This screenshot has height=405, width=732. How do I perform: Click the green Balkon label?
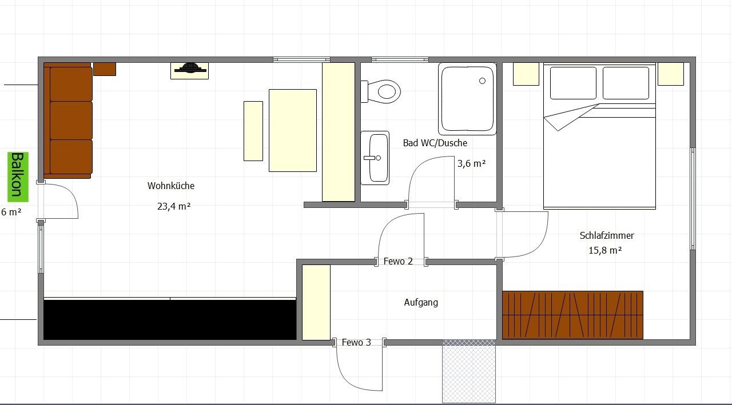coord(18,177)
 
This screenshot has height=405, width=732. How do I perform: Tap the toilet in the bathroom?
coord(381,91)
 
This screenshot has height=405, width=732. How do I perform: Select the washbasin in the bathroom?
coord(375,158)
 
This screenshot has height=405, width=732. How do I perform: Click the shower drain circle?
coord(482,81)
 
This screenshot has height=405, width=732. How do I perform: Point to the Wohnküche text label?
coord(171,186)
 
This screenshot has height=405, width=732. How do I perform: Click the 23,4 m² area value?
coord(174,206)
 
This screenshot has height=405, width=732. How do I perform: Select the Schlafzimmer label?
coord(607,235)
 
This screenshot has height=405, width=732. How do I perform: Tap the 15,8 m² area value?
coord(605,250)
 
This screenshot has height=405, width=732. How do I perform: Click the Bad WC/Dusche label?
coord(435,143)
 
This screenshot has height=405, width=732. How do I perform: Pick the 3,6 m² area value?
coord(472,163)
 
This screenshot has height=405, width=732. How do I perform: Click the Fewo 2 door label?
coord(398,261)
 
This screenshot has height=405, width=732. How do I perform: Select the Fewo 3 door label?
coord(356,342)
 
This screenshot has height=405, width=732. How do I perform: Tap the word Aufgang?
coord(421,302)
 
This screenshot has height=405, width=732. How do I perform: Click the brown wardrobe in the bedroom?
coord(572,315)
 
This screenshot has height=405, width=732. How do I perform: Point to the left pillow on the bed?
coord(573,83)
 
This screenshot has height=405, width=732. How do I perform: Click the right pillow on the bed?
coord(626,83)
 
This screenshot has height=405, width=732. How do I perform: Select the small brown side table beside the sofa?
coord(105,69)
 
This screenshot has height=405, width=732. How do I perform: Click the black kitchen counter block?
coord(170,320)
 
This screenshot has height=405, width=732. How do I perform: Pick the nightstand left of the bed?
coord(526,74)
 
